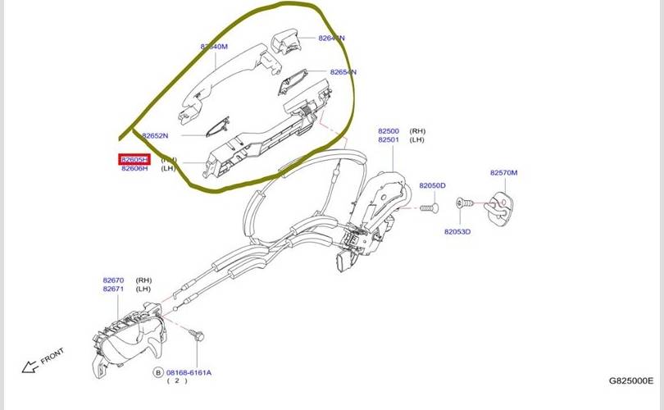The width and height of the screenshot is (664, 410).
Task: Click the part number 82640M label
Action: pos(214,47)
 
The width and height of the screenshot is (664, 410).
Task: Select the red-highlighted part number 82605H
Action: pos(134,159)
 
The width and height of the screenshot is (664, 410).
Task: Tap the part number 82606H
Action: pos(134,168)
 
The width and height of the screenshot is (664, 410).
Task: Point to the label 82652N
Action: pos(155,135)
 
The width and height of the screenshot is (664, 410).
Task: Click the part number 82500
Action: pos(389,131)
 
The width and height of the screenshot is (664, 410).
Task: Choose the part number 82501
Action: pos(389,140)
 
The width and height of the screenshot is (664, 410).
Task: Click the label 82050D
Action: pos(432,186)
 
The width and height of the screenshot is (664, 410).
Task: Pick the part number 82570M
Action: pos(504,173)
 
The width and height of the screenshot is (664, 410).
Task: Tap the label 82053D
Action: pos(457,232)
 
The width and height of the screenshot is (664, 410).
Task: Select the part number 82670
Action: pos(114,280)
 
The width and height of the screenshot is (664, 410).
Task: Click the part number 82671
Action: pos(114,289)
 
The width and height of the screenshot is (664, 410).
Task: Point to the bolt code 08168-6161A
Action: pos(189,372)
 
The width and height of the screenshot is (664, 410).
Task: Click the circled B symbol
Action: pos(158,372)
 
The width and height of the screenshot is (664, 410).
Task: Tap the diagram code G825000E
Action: pos(630,380)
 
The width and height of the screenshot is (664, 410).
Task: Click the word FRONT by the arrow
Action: pos(52,358)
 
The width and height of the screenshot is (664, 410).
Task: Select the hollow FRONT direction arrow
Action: pos(30,367)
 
